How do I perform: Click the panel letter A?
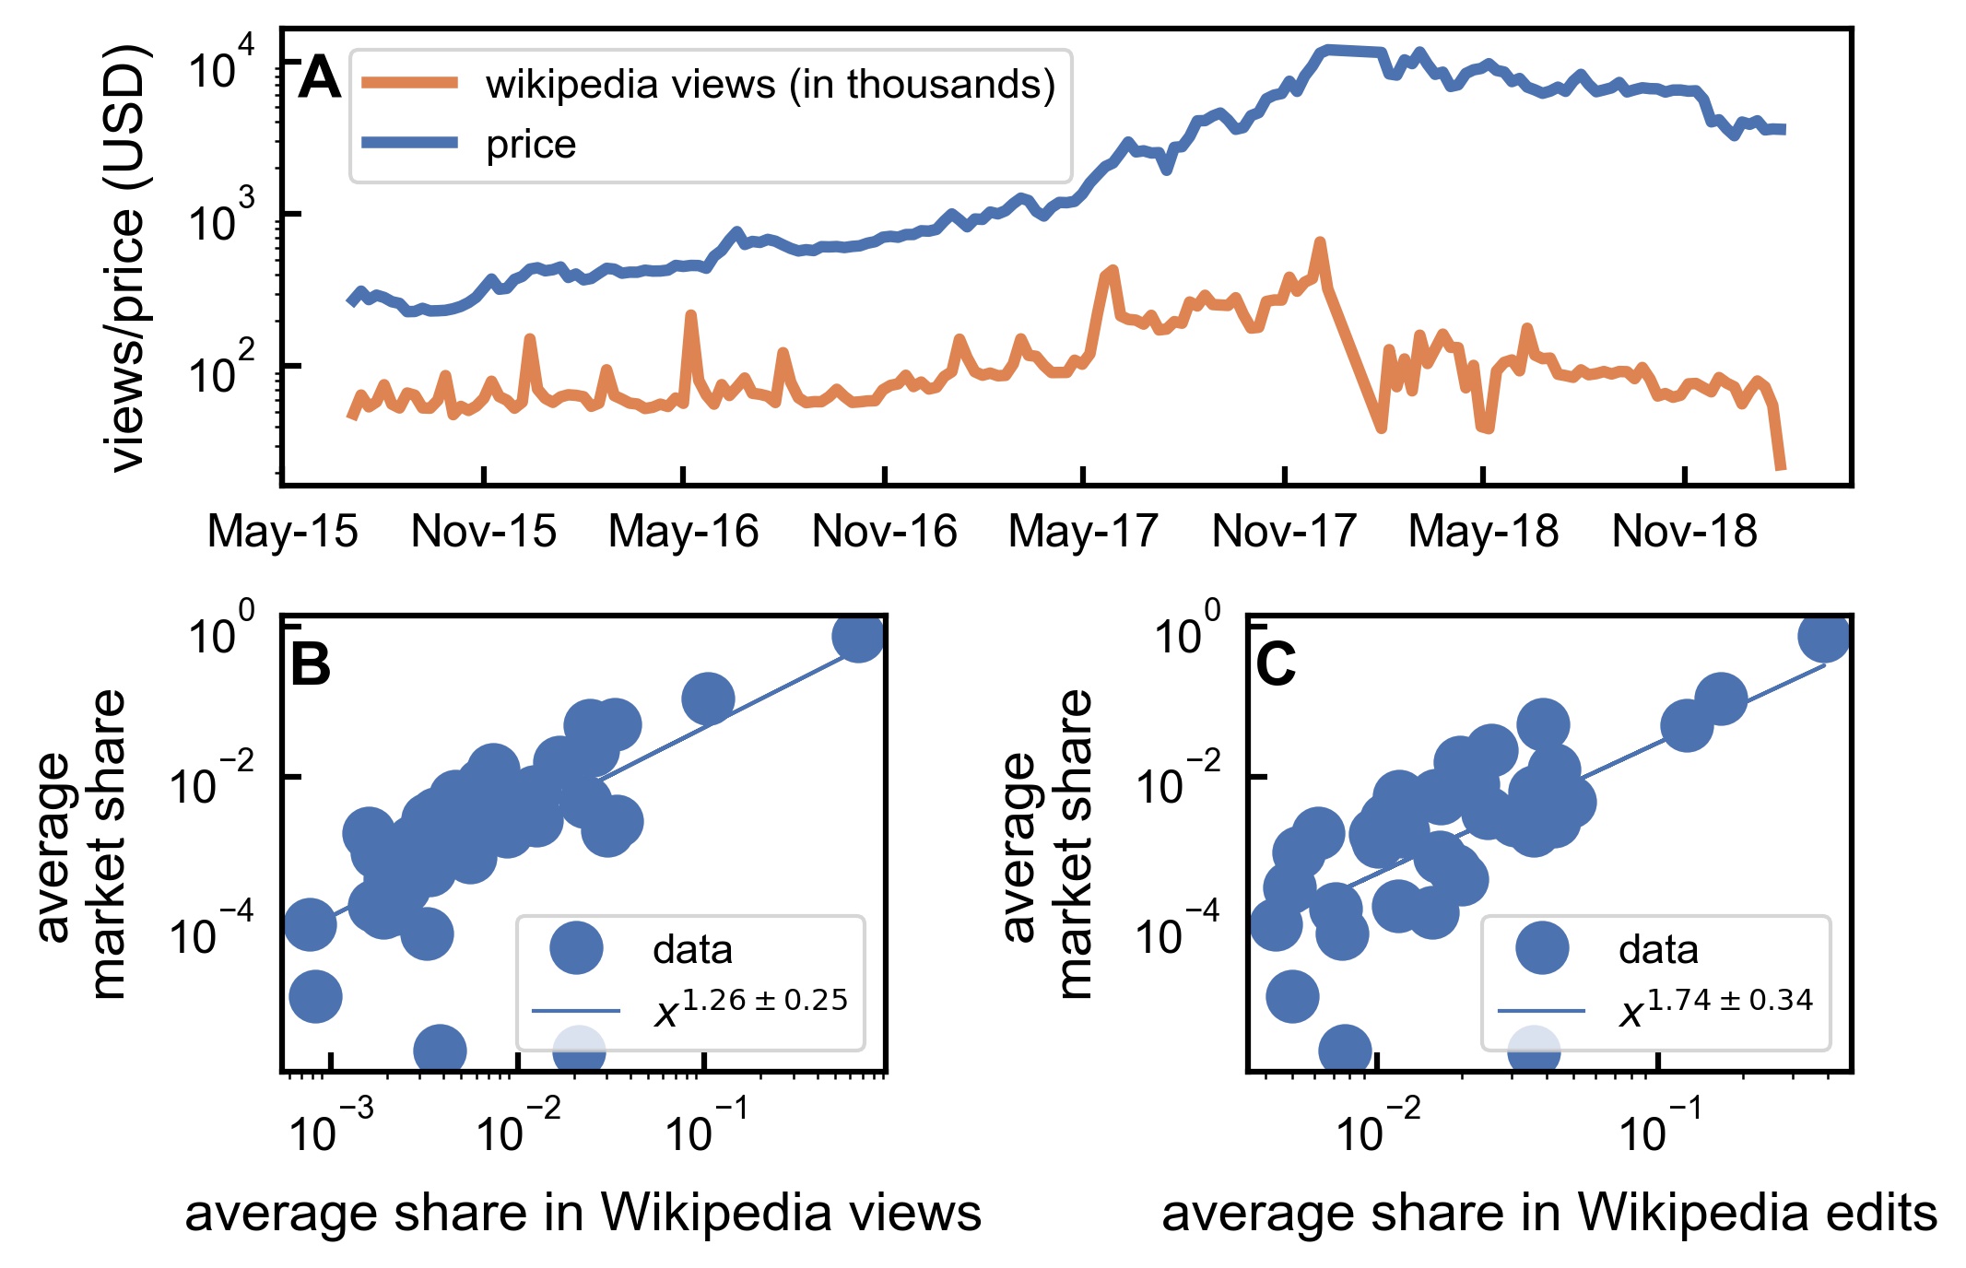pyautogui.click(x=320, y=78)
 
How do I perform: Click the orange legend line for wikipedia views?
pyautogui.click(x=410, y=84)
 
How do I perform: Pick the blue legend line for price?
pyautogui.click(x=410, y=142)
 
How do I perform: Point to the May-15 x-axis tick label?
pyautogui.click(x=282, y=532)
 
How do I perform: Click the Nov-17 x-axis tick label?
pyautogui.click(x=1284, y=532)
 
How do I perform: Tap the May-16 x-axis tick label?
pyautogui.click(x=683, y=532)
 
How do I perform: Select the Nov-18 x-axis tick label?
pyautogui.click(x=1684, y=532)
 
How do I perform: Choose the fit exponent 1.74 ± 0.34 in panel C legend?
pyautogui.click(x=1729, y=1000)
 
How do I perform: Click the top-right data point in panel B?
pyautogui.click(x=858, y=636)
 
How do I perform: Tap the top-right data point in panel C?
pyautogui.click(x=1824, y=636)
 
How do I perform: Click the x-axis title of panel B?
pyautogui.click(x=583, y=1213)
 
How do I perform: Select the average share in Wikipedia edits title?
pyautogui.click(x=1548, y=1213)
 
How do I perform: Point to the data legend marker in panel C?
pyautogui.click(x=1542, y=947)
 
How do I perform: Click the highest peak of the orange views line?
pyautogui.click(x=1320, y=243)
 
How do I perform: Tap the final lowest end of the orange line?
pyautogui.click(x=1782, y=468)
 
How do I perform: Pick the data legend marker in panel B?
pyautogui.click(x=576, y=947)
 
